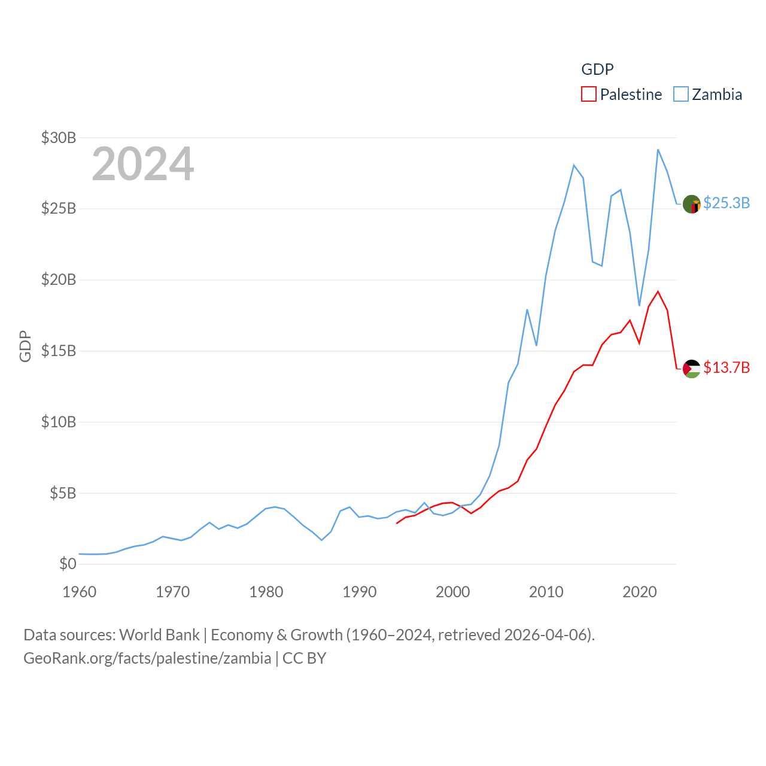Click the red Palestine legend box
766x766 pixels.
click(x=589, y=95)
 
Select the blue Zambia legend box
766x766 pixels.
click(x=681, y=95)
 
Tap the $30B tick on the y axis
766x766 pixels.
click(x=59, y=138)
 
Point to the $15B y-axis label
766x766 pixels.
click(x=59, y=351)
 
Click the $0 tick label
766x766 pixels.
click(x=68, y=564)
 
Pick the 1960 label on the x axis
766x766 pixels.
click(x=80, y=592)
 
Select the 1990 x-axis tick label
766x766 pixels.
click(x=360, y=592)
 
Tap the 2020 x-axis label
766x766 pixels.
click(x=640, y=592)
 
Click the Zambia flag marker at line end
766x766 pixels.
click(x=692, y=204)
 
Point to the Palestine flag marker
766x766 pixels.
click(x=692, y=369)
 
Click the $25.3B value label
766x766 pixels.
click(x=727, y=203)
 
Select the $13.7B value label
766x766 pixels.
click(x=727, y=367)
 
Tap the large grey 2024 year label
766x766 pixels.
click(x=143, y=163)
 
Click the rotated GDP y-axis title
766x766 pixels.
click(x=25, y=346)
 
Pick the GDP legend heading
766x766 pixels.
click(x=597, y=69)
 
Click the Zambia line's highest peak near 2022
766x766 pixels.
click(x=658, y=150)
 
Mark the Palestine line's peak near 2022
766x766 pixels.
click(x=658, y=291)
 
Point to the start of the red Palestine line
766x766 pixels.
click(x=397, y=523)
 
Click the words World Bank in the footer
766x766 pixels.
click(x=160, y=634)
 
